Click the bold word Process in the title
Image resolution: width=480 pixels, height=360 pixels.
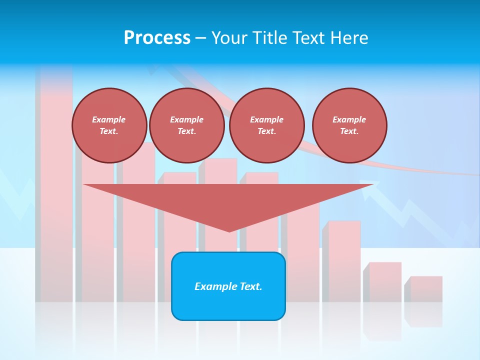(x=157, y=38)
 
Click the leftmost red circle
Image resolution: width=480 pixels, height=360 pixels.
(x=109, y=125)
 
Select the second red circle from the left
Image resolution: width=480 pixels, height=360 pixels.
(x=186, y=125)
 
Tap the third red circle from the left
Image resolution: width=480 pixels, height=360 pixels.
(x=266, y=125)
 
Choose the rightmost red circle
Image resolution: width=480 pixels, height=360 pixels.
(x=349, y=125)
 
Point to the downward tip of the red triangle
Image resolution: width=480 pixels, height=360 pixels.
(x=229, y=230)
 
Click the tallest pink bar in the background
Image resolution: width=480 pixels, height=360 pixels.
(x=55, y=200)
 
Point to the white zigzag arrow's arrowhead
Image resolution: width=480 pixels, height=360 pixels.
(x=367, y=187)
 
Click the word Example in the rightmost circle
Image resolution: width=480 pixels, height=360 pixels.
(x=349, y=119)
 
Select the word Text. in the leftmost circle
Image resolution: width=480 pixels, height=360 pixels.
(x=109, y=131)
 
